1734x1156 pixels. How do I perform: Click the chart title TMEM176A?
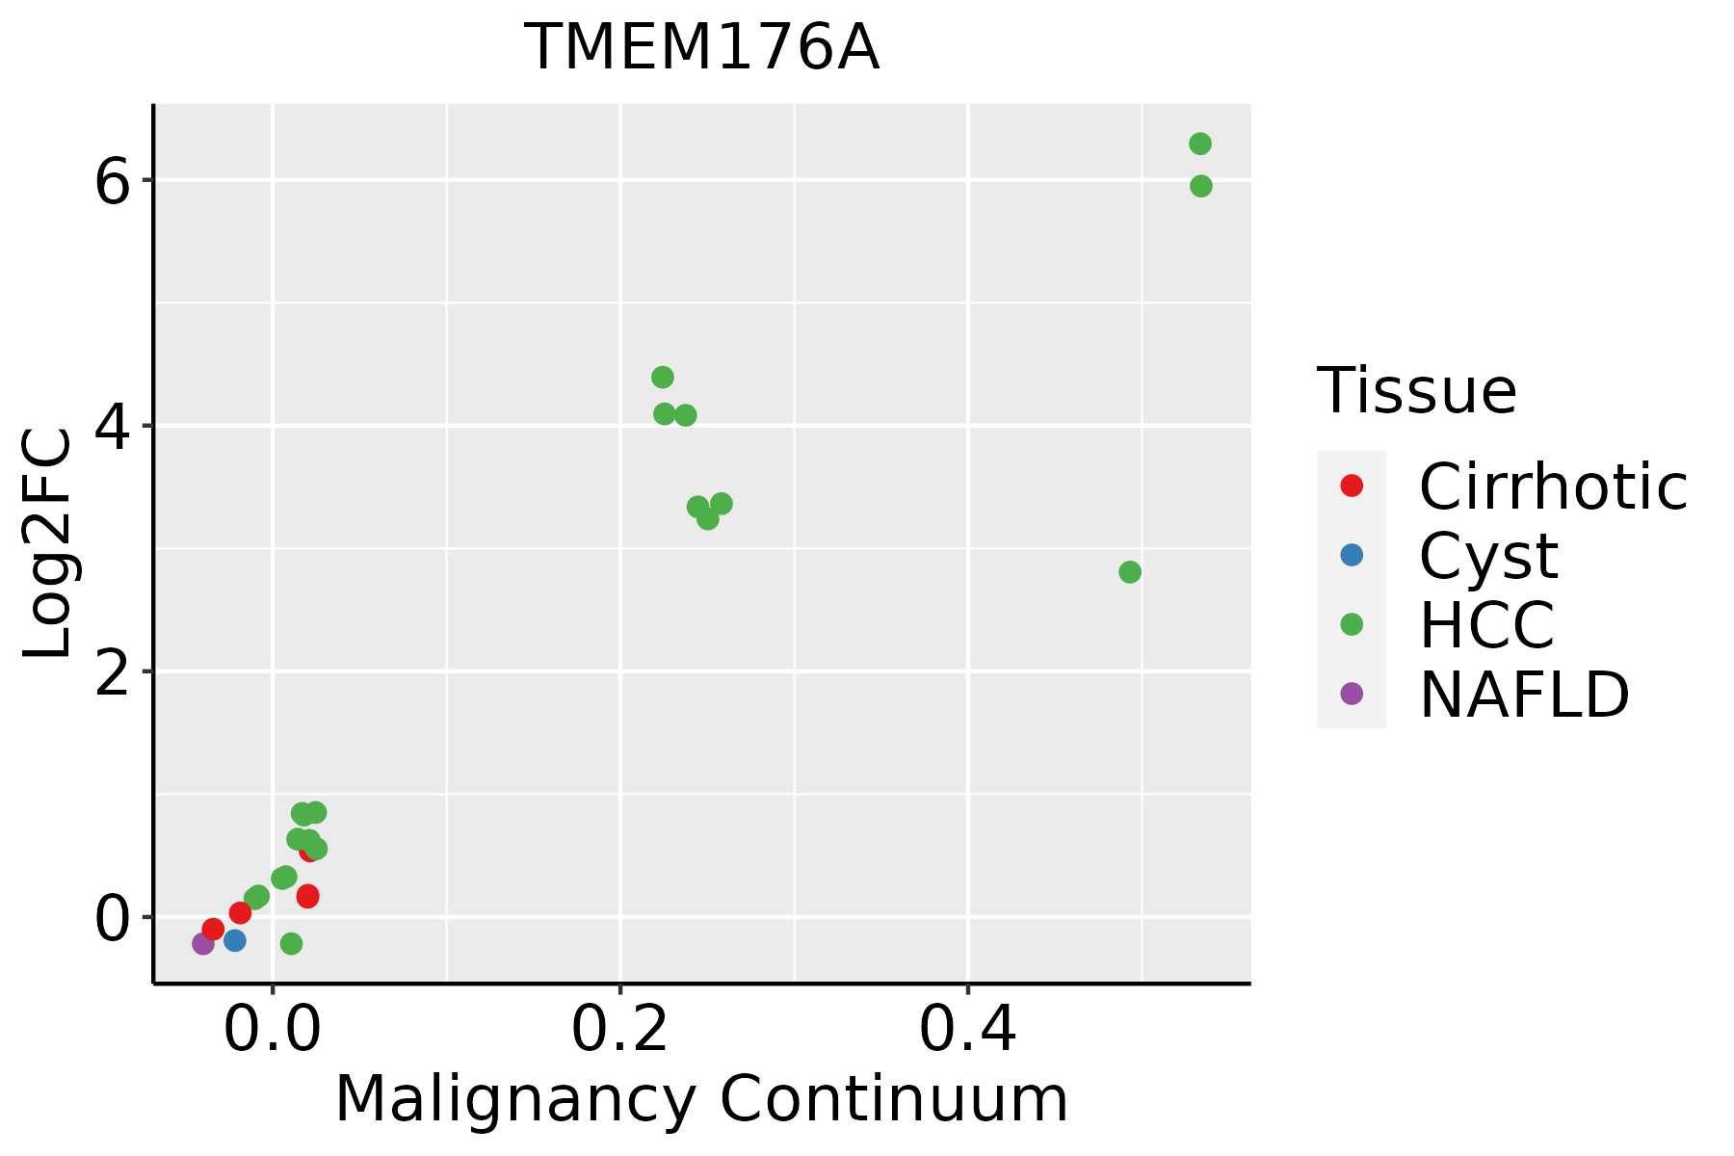[x=701, y=48]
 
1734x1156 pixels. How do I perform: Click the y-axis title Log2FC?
[x=48, y=544]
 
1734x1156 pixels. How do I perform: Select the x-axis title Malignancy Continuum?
[x=701, y=1099]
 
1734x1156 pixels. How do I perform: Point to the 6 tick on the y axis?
[x=112, y=180]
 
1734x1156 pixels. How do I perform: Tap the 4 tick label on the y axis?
[x=112, y=426]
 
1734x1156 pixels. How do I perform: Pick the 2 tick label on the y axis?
[x=112, y=671]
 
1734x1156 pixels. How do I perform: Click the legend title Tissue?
[x=1416, y=391]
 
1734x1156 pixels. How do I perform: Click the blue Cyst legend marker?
[x=1352, y=555]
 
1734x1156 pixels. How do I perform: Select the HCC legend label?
[x=1486, y=624]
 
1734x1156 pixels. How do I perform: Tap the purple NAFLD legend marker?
[x=1352, y=693]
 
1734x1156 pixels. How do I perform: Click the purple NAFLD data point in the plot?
[x=203, y=943]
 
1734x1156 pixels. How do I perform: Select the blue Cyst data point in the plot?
[x=235, y=940]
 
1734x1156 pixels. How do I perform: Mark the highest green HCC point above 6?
[x=1200, y=144]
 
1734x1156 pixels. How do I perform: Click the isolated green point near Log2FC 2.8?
[x=1130, y=572]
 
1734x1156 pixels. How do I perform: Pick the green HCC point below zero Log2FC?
[x=291, y=943]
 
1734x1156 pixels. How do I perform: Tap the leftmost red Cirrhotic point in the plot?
[x=213, y=929]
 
